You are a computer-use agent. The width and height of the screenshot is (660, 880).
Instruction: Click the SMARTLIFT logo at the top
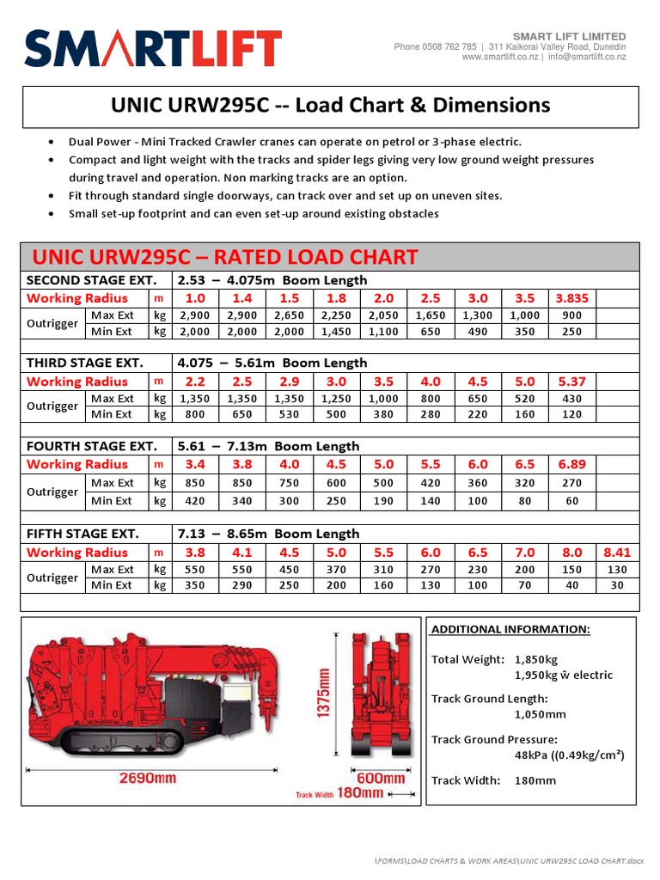coord(153,49)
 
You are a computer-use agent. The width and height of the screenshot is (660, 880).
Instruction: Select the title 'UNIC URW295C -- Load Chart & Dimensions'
coord(330,106)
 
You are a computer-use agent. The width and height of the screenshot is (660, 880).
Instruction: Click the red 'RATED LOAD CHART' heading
coord(224,257)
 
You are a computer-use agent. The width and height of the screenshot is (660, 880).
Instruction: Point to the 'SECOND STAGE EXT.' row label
coord(92,280)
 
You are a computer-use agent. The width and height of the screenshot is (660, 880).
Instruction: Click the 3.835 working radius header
coord(571,298)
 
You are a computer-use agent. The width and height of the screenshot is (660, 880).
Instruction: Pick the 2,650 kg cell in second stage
coord(290,315)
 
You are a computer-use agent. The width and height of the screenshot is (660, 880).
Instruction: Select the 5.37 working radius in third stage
coord(571,382)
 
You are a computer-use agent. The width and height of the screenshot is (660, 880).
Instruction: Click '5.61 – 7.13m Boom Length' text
coord(268,446)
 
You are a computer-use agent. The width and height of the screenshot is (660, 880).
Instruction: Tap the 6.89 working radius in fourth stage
coord(571,465)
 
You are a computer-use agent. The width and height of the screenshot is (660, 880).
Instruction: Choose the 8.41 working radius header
coord(617,553)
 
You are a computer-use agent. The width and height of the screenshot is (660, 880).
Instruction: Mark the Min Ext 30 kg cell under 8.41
coord(617,585)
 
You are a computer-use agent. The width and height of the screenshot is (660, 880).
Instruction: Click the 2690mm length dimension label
coord(147,778)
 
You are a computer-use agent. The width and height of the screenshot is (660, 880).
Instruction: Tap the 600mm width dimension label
coord(381,778)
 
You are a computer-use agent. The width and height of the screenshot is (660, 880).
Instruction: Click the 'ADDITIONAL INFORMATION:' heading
coord(510,629)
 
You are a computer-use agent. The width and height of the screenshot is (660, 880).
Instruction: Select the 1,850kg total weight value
coord(536,660)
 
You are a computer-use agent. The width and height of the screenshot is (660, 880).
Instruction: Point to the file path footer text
coord(509,860)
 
